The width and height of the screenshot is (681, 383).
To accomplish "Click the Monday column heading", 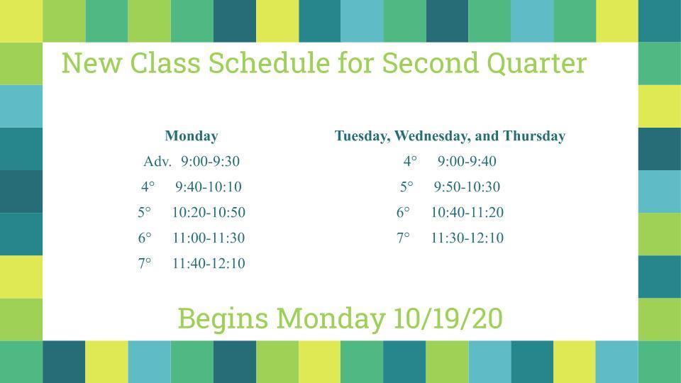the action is tap(191, 136).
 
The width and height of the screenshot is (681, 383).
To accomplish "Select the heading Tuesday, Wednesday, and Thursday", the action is tap(450, 136).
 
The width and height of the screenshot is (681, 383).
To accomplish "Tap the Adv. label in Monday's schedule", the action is tap(157, 162).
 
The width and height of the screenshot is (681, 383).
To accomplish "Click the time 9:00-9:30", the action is tap(210, 162).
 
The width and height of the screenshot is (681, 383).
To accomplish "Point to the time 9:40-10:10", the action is tap(209, 187).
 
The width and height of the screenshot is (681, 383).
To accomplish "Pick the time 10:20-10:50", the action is tap(209, 212).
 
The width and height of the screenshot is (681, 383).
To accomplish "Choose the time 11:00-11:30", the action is tap(209, 238).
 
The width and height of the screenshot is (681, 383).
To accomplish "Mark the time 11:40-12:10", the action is tap(209, 264).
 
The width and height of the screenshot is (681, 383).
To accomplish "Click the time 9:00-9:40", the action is tap(467, 162).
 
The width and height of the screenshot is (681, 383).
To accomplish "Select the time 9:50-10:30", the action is tap(467, 187).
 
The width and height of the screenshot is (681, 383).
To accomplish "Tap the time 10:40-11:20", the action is tap(467, 212).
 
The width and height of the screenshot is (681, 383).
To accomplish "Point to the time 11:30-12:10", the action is tap(467, 238).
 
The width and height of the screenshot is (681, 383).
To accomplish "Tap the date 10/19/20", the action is tap(448, 318).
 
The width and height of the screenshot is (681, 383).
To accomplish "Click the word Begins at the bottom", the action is tap(223, 319).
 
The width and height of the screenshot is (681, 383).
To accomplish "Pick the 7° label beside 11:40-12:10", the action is tap(145, 264).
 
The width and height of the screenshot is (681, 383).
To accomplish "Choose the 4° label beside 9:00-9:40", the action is tap(410, 162).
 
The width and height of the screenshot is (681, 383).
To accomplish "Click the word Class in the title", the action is tap(165, 63).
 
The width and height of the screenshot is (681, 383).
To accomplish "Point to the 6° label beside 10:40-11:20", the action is tap(403, 212).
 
